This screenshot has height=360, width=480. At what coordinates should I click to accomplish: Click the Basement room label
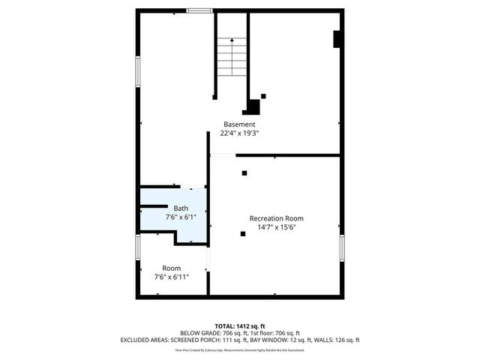(239, 124)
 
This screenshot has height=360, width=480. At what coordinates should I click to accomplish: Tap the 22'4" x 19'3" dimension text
(239, 133)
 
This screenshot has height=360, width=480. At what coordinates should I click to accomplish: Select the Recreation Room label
(276, 218)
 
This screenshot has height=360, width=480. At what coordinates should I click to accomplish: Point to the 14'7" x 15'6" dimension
(276, 227)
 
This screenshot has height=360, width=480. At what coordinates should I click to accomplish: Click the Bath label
(181, 208)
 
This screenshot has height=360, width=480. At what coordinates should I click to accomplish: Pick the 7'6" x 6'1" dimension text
(181, 217)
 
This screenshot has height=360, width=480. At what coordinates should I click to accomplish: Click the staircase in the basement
(232, 56)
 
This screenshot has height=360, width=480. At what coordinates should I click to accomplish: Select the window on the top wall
(199, 10)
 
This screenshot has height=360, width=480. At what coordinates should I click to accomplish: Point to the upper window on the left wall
(138, 71)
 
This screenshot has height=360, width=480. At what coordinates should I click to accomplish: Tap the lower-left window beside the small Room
(138, 247)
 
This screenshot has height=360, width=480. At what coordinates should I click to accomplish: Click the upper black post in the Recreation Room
(244, 173)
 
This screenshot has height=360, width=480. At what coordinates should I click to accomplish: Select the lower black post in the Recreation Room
(242, 233)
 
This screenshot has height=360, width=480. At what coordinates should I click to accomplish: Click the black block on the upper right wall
(337, 40)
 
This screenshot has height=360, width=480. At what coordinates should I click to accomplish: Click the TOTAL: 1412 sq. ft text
(239, 326)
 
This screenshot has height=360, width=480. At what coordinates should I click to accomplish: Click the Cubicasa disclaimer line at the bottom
(239, 349)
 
